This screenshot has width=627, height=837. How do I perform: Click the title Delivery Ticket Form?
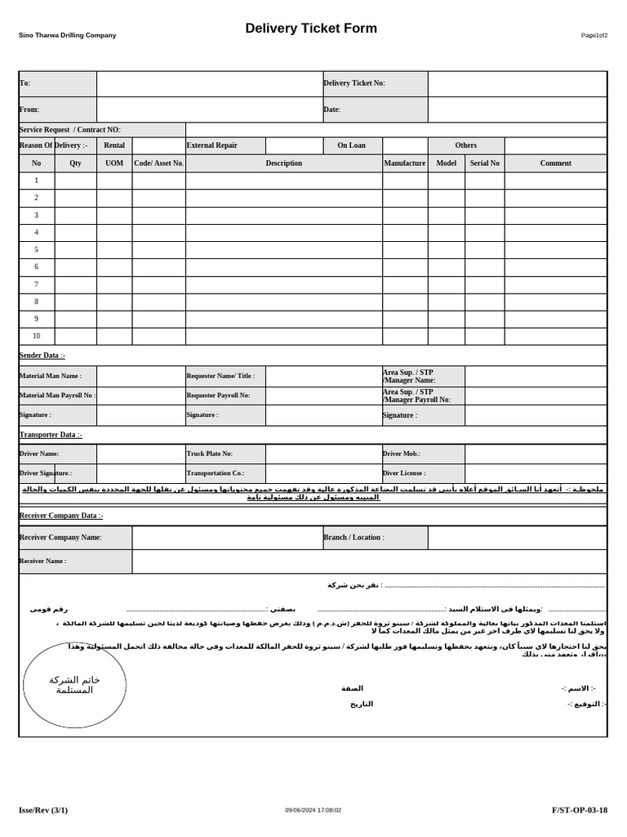tap(311, 29)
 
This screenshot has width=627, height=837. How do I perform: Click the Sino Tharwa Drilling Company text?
tap(68, 35)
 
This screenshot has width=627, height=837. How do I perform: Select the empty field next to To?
tap(209, 83)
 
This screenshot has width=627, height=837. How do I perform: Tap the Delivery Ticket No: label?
tap(354, 83)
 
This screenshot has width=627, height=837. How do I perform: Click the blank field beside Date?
tap(517, 110)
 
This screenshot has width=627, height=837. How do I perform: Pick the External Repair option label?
tap(212, 145)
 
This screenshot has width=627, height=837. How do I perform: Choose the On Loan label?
tap(352, 145)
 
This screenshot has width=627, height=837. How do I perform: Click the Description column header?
tap(283, 163)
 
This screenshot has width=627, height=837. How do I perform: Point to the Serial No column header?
tap(484, 163)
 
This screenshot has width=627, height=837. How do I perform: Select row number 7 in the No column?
tap(36, 284)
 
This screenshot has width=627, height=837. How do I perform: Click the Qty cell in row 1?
tap(75, 181)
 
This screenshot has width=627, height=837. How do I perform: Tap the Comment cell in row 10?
tap(555, 336)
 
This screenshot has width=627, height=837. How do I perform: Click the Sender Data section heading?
tap(42, 356)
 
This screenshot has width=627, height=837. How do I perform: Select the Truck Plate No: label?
tap(210, 454)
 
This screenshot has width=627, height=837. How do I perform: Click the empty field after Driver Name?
tap(140, 454)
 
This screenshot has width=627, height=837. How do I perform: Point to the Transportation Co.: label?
tap(216, 473)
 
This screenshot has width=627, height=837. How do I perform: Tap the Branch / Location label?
tap(354, 538)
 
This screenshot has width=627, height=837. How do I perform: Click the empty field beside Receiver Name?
tap(369, 562)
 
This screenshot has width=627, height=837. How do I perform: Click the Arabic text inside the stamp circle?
tap(74, 685)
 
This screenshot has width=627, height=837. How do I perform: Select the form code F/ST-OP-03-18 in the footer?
tap(580, 810)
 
